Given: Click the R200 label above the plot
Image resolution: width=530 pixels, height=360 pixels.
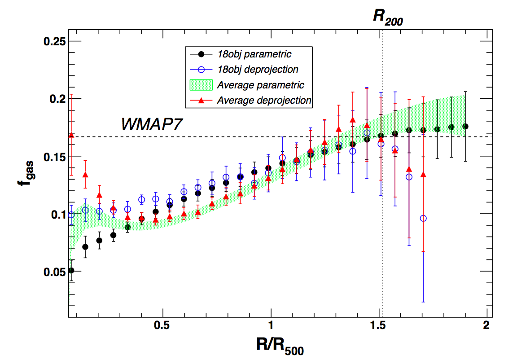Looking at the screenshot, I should tap(388, 17).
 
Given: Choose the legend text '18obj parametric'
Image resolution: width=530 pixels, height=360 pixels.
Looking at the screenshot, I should tap(254, 54).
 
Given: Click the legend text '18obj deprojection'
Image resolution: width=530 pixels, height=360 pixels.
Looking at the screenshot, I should tap(257, 70).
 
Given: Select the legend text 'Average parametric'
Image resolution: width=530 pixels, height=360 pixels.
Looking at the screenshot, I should tap(260, 85).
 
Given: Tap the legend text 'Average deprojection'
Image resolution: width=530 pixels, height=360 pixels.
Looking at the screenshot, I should tap(264, 100).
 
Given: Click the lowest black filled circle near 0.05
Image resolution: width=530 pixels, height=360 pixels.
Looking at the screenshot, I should tap(71, 270).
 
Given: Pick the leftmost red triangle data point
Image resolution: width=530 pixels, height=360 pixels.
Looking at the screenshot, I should tap(71, 135).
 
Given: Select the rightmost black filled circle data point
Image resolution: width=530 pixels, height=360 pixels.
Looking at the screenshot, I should tap(465, 127).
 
